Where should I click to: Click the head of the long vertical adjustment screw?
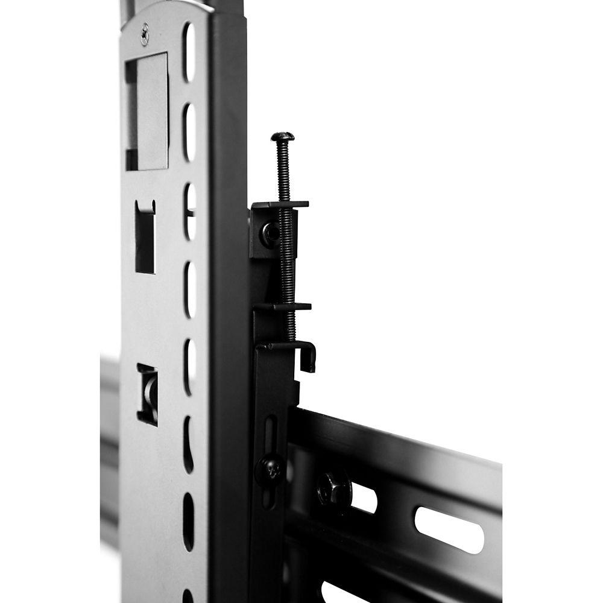point(282,137)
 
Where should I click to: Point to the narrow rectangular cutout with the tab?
point(145,236)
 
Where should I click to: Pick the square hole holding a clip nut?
point(147,394)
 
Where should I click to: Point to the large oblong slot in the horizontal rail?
point(449,529)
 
